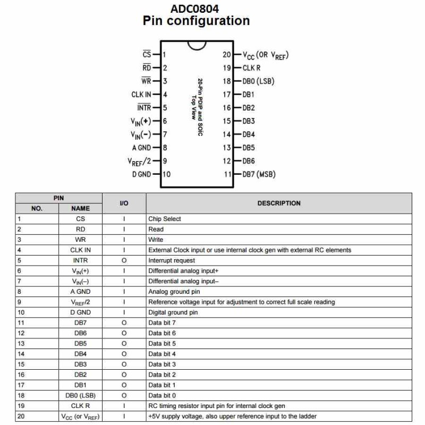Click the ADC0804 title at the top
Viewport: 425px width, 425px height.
coord(194,8)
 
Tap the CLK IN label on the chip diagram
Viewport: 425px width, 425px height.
coord(141,95)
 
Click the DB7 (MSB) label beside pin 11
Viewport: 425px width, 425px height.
coord(259,174)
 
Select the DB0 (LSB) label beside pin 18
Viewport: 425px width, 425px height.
coord(258,81)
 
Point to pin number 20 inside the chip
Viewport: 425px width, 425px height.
coord(227,55)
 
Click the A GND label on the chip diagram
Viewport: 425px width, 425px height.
coord(141,148)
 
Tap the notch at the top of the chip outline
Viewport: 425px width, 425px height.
coord(197,44)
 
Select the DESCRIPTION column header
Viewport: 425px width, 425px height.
coord(279,203)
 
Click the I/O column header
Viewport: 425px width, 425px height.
coord(124,203)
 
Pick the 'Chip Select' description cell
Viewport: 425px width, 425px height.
coord(165,219)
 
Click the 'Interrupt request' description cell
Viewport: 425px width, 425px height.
coord(172,260)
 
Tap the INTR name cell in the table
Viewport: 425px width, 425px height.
coord(80,260)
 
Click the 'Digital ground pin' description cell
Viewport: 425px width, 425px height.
coord(173,312)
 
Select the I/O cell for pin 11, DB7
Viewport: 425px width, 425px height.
coord(124,322)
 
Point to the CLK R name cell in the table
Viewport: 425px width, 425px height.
coord(80,406)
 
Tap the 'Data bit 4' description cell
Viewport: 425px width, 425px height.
coord(162,354)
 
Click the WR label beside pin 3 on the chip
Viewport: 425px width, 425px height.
coord(147,81)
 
